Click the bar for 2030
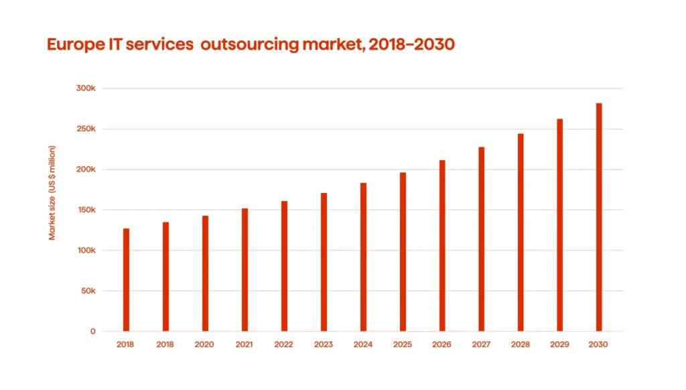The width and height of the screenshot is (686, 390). point(599,217)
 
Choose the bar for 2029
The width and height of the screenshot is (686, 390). point(559,225)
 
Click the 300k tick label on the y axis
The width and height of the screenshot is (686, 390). point(86,88)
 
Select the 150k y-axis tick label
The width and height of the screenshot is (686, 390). point(86,210)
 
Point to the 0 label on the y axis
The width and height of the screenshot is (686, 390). point(92,331)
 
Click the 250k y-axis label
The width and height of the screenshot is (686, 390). point(86,129)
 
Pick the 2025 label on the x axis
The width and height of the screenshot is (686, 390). point(403,344)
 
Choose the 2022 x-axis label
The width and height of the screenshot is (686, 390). point(284,344)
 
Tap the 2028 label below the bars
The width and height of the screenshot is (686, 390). point(521,344)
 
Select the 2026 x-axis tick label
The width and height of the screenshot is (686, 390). point(442,344)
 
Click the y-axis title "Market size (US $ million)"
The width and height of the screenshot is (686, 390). point(52,192)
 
